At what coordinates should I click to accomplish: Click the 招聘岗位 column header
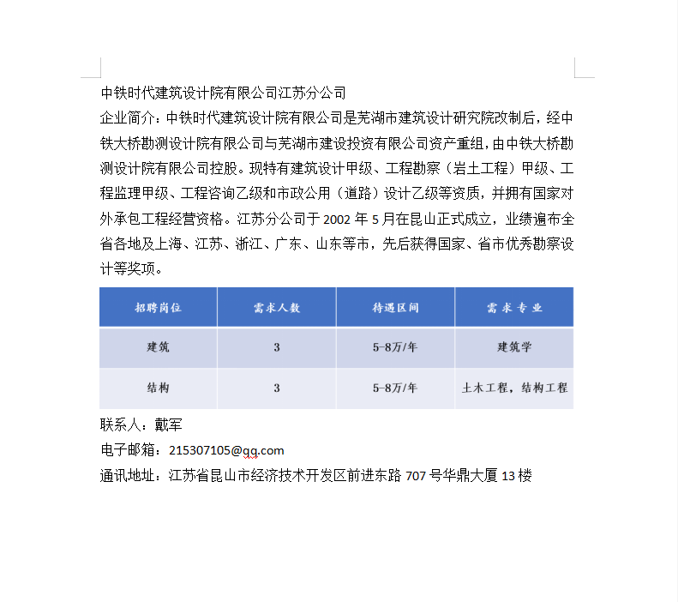[x=158, y=307]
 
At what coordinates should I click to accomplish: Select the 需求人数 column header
[x=277, y=307]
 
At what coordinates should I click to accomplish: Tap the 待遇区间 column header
[x=395, y=307]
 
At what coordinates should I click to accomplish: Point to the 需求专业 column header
[x=514, y=307]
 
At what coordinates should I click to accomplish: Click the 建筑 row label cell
[x=158, y=347]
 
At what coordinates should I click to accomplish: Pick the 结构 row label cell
[x=158, y=388]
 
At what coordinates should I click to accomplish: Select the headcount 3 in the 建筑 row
[x=277, y=347]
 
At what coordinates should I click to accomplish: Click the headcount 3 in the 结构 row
[x=277, y=388]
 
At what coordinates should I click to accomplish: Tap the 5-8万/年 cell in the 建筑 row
[x=395, y=347]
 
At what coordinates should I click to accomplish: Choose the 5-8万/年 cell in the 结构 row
[x=395, y=388]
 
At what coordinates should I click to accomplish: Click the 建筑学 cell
[x=514, y=347]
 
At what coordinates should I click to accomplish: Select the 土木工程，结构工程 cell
[x=514, y=388]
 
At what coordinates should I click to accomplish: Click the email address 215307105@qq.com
[x=226, y=450]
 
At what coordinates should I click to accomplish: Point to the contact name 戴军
[x=168, y=424]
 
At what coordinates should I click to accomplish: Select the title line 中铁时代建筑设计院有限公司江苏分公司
[x=223, y=93]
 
